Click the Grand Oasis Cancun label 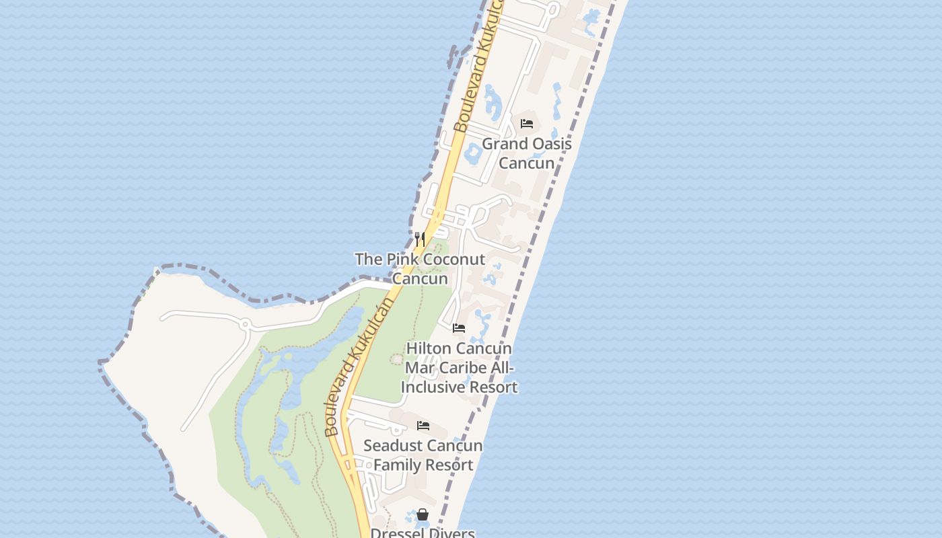pyautogui.click(x=527, y=153)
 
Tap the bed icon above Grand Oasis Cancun pyautogui.click(x=527, y=124)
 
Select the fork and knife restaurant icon pyautogui.click(x=419, y=239)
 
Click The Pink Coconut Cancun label pyautogui.click(x=420, y=268)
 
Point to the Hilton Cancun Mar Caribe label pyautogui.click(x=459, y=368)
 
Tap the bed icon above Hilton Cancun pyautogui.click(x=459, y=328)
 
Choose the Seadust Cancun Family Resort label pyautogui.click(x=423, y=455)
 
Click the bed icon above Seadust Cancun pyautogui.click(x=423, y=426)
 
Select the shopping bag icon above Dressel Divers pyautogui.click(x=423, y=514)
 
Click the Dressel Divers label pyautogui.click(x=423, y=533)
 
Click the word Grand pyautogui.click(x=503, y=144)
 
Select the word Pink pyautogui.click(x=400, y=259)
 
